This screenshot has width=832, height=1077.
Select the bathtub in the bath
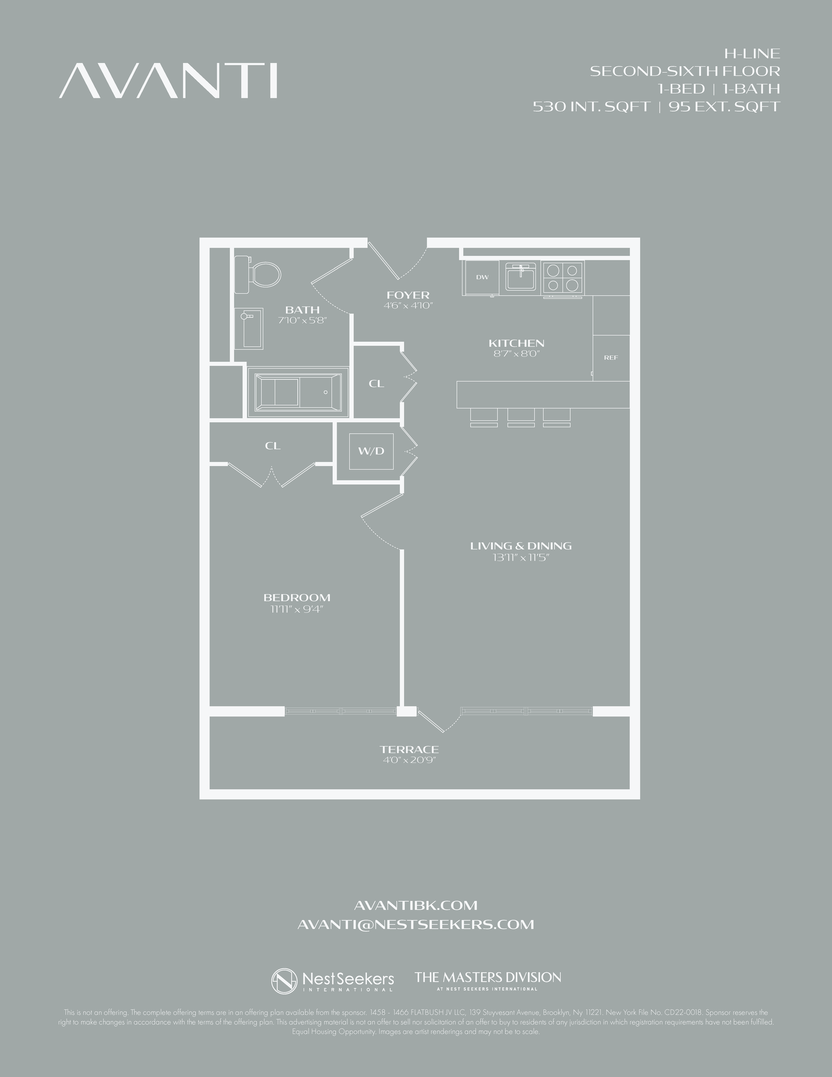pos(298,392)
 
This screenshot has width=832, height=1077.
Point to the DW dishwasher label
pos(482,277)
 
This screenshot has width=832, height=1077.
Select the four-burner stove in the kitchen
pos(562,277)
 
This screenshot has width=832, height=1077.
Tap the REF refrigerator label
pos(611,358)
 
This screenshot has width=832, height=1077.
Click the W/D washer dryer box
pos(371,451)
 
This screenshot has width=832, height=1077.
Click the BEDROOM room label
pos(297,597)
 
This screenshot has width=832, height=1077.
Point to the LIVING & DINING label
pos(520,546)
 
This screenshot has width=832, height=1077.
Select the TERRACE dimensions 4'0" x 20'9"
pos(409,760)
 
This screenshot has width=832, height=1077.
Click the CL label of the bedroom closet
pos(273,446)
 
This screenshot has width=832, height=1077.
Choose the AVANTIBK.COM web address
pos(416,905)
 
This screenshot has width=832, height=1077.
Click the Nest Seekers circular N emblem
pos(285,981)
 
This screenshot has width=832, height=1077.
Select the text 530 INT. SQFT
pos(591,107)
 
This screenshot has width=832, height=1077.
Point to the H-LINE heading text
pos(752,53)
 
